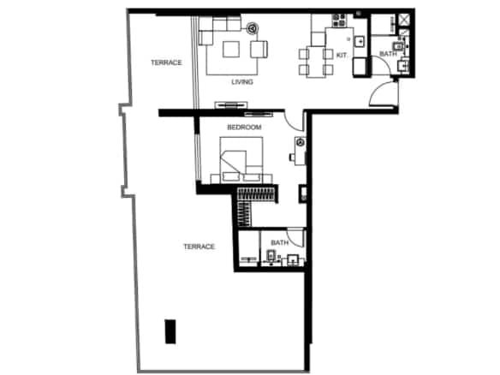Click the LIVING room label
(x=242, y=82)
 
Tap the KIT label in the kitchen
(x=342, y=55)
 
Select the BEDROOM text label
(x=244, y=128)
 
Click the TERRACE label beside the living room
(x=166, y=62)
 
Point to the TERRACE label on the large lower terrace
(x=199, y=247)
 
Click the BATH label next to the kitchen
(x=388, y=54)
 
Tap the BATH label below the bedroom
(x=279, y=242)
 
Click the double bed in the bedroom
(x=241, y=160)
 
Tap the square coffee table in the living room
(x=231, y=49)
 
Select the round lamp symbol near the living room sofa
(x=253, y=28)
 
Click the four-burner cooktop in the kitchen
(x=339, y=21)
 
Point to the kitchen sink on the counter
(x=360, y=42)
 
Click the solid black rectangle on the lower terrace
(x=170, y=331)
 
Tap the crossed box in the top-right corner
(x=404, y=20)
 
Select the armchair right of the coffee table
(x=259, y=50)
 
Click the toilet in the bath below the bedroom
(x=271, y=258)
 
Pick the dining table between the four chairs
(x=316, y=62)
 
